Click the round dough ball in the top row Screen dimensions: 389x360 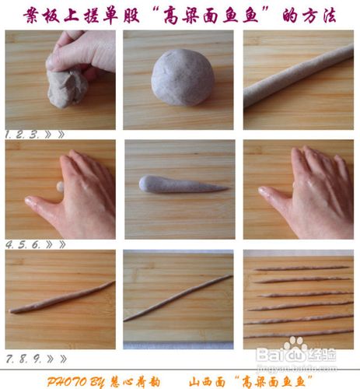(182, 76)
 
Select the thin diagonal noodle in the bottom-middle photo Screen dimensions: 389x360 (178, 297)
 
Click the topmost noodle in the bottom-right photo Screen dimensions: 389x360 (302, 269)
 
